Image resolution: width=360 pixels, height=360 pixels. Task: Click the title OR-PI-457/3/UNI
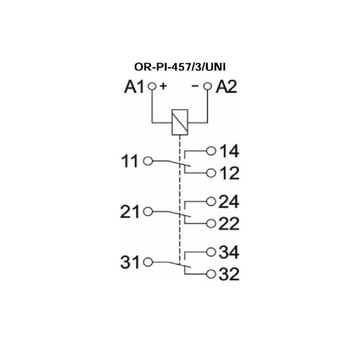point(180,67)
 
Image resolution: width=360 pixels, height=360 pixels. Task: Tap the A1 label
point(134,87)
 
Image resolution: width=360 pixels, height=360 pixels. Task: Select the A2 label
point(226,87)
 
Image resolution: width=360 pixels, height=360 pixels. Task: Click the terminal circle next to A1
point(152,86)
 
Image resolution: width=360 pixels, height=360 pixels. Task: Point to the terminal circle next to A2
point(207,86)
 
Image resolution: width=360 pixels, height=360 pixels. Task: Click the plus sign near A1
point(163,86)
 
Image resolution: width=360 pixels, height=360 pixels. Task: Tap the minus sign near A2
point(195,86)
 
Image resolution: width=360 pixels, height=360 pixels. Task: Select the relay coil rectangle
point(180,122)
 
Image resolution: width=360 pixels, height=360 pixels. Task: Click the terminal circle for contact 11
point(148,161)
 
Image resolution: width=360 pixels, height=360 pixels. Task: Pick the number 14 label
point(229,151)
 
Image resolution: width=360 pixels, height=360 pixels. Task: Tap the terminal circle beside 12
point(211,173)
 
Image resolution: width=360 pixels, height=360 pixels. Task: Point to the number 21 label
point(130,211)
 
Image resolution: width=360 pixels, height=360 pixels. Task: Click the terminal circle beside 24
point(211,202)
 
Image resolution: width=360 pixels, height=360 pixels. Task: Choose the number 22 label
point(229,224)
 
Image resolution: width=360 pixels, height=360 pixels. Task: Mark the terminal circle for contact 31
point(148,262)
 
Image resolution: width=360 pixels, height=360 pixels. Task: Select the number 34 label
point(229,252)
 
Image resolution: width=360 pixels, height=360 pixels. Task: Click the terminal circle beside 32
point(211,274)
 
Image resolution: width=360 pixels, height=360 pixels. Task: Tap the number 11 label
point(130,161)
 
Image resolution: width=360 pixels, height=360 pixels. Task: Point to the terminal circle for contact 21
point(148,211)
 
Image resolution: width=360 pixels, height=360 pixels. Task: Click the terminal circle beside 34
point(211,252)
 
